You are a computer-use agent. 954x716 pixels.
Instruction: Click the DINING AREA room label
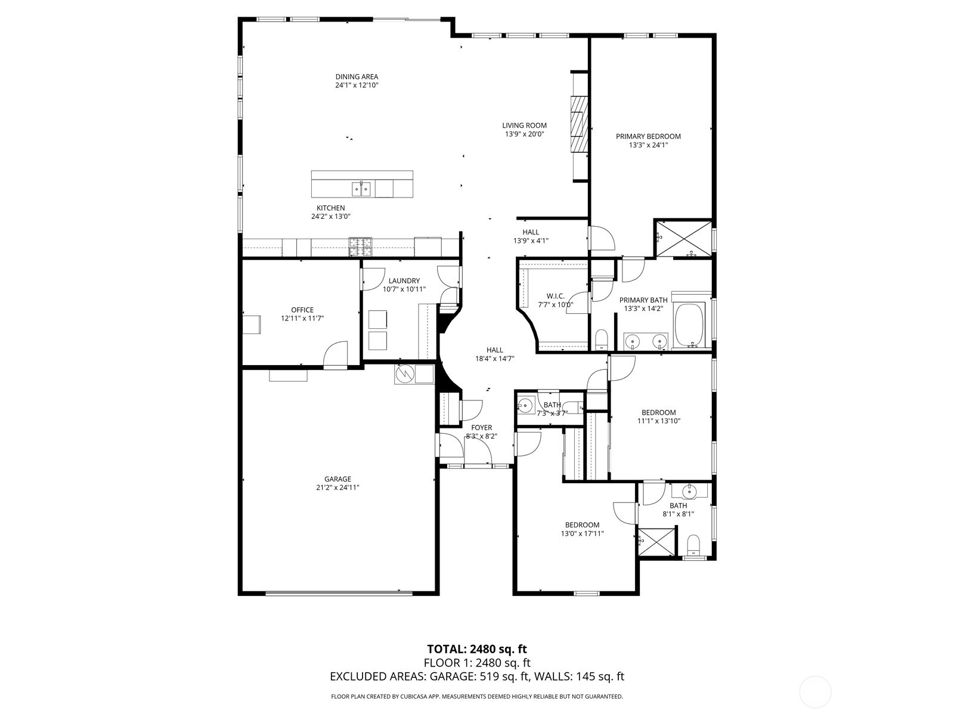pyautogui.click(x=357, y=77)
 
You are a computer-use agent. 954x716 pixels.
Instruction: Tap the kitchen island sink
pyautogui.click(x=361, y=189)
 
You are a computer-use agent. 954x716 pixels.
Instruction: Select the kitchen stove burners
pyautogui.click(x=361, y=246)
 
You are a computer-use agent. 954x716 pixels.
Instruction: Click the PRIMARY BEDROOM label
pyautogui.click(x=648, y=137)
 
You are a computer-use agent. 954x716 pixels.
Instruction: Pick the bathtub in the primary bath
pyautogui.click(x=689, y=326)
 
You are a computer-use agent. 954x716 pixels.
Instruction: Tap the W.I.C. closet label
pyautogui.click(x=556, y=296)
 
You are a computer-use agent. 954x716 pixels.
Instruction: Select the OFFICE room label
pyautogui.click(x=302, y=310)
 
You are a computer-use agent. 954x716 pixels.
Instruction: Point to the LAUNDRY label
pyautogui.click(x=404, y=281)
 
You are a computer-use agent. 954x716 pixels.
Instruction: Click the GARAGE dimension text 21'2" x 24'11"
pyautogui.click(x=337, y=487)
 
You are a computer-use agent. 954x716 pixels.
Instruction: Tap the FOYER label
pyautogui.click(x=482, y=428)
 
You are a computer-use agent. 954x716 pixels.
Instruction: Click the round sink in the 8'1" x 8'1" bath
pyautogui.click(x=689, y=492)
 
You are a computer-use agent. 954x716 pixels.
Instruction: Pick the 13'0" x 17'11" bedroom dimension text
pyautogui.click(x=583, y=533)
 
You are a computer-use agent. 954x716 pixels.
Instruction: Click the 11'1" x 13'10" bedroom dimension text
pyautogui.click(x=659, y=421)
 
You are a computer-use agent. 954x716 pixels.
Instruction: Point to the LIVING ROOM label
pyautogui.click(x=525, y=126)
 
